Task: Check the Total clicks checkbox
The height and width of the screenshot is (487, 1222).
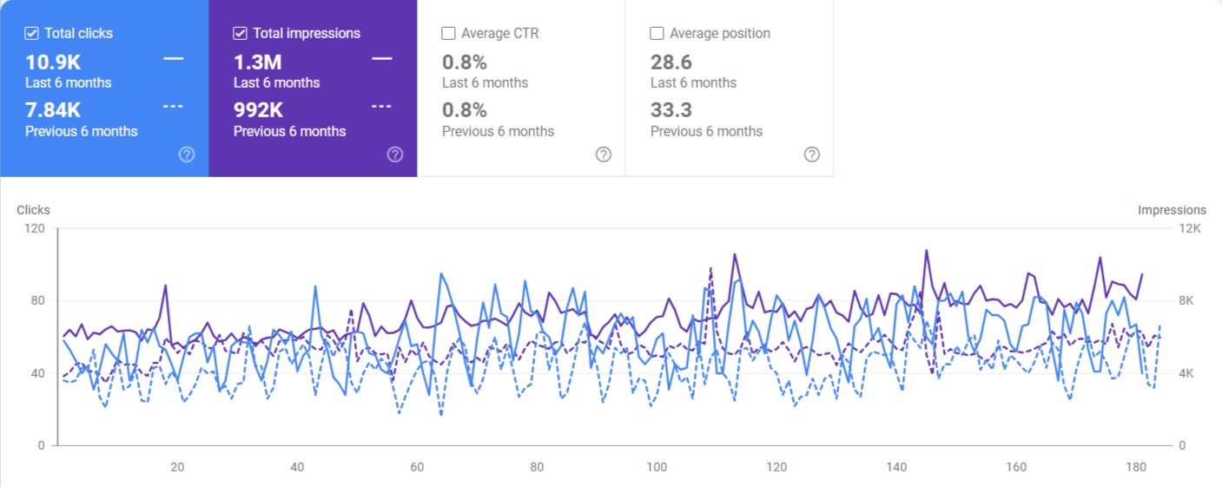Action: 31,33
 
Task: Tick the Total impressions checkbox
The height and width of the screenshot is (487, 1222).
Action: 240,33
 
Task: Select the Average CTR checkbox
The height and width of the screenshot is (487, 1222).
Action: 448,33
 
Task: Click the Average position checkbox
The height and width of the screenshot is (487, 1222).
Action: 657,33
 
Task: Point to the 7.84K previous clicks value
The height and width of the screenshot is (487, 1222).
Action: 53,110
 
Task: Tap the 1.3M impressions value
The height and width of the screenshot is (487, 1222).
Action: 257,62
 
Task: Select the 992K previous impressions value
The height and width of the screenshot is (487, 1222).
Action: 260,110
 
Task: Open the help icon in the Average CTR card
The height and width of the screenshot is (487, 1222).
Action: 604,155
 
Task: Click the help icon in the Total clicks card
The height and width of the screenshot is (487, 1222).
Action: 187,155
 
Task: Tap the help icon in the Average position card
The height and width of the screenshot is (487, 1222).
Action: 812,155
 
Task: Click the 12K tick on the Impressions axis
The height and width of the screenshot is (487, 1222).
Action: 1191,228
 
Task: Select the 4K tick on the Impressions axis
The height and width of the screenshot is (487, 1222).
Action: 1187,373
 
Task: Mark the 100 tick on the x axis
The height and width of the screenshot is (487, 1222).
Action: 657,467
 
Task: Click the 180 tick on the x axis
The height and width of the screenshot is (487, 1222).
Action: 1136,467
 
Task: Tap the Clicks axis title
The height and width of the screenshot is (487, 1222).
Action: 33,210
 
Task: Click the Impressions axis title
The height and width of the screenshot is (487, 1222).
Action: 1172,210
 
